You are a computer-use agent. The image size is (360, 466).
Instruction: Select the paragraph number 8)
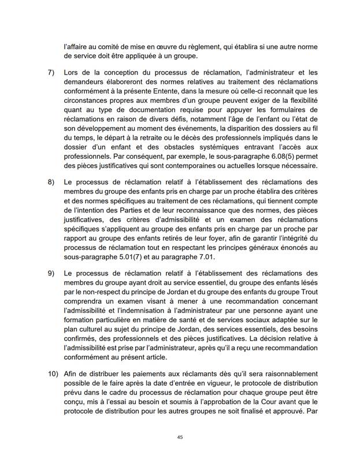(x=50, y=182)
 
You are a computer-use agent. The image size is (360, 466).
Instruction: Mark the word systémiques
(x=225, y=145)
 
